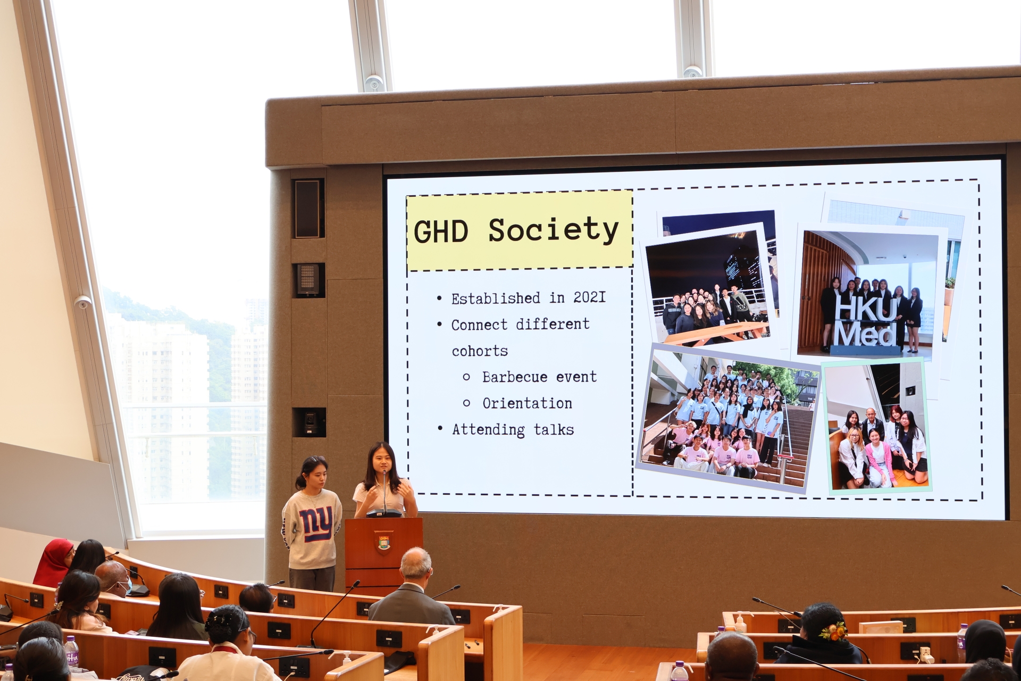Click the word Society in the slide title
tap(553, 230)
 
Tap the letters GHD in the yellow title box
tap(441, 232)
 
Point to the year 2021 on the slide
tap(589, 297)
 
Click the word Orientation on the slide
tap(527, 403)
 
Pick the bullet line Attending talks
tap(513, 429)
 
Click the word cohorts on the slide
tap(480, 351)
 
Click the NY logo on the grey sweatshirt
tap(315, 523)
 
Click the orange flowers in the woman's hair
tap(833, 632)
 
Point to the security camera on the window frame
tap(82, 302)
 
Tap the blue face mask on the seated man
tap(126, 587)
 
